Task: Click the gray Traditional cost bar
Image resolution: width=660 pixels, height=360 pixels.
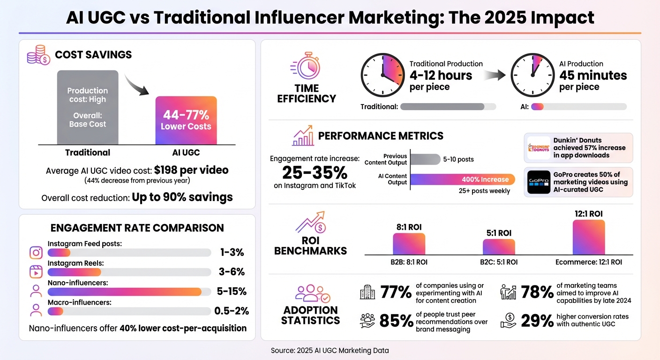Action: pyautogui.click(x=88, y=107)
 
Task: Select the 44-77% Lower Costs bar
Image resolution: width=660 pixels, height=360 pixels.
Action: pyautogui.click(x=186, y=120)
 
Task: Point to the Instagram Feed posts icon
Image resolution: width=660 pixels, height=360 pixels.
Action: pyautogui.click(x=36, y=253)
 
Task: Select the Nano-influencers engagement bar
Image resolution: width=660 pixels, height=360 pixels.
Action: pyautogui.click(x=125, y=292)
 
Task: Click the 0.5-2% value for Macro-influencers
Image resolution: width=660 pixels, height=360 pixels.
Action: pyautogui.click(x=232, y=311)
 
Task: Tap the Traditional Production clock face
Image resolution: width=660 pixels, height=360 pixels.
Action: pyautogui.click(x=382, y=75)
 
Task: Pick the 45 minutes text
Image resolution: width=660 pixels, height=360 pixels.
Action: pyautogui.click(x=593, y=75)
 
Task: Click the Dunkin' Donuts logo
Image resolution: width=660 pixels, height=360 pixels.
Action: pyautogui.click(x=539, y=148)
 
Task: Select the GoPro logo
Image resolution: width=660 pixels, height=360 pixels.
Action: pyautogui.click(x=539, y=182)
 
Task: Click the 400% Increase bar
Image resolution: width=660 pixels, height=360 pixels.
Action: pyautogui.click(x=463, y=180)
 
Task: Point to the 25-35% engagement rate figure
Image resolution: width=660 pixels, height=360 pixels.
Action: pyautogui.click(x=315, y=172)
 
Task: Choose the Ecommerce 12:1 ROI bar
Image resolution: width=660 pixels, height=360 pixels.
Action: pyautogui.click(x=589, y=237)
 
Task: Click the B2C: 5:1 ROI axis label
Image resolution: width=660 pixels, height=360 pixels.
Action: pyautogui.click(x=499, y=262)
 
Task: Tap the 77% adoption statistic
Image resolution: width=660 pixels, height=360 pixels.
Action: pyautogui.click(x=396, y=292)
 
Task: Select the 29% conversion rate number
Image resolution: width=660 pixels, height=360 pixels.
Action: pyautogui.click(x=537, y=320)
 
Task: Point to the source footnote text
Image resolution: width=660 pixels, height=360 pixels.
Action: pyautogui.click(x=330, y=350)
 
